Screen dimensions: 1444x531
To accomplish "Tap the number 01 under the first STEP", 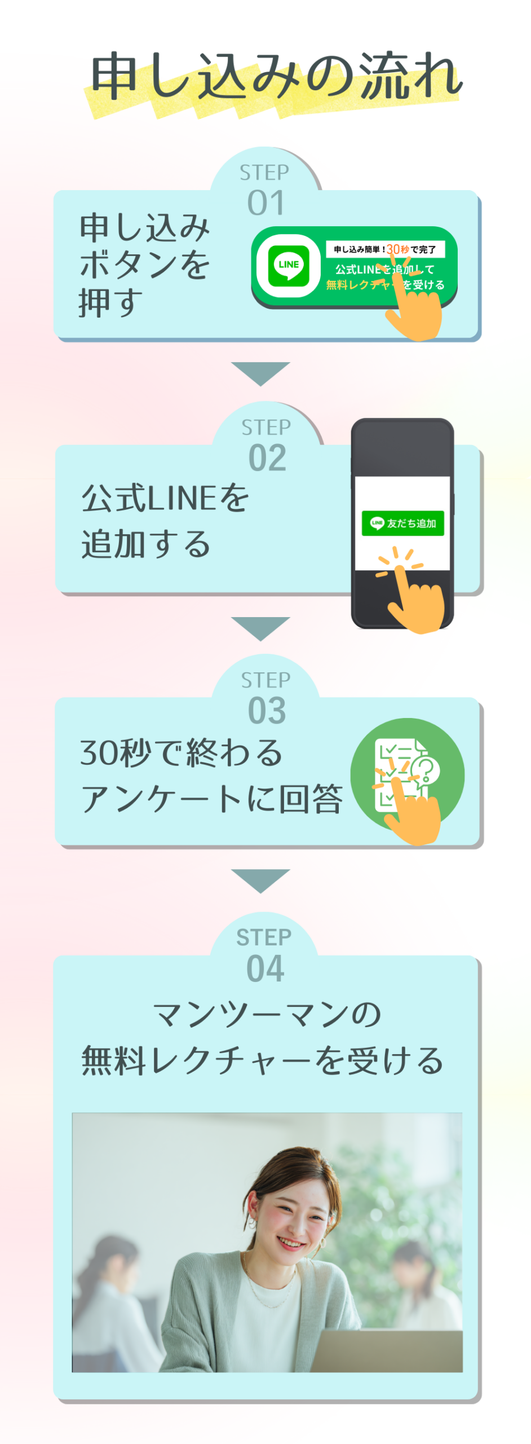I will [x=265, y=203].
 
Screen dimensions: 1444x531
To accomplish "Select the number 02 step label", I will [x=267, y=458].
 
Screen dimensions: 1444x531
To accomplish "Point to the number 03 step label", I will [x=267, y=710].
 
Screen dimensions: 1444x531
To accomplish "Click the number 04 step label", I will [x=265, y=968].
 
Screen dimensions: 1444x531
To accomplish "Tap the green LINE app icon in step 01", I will [x=289, y=265].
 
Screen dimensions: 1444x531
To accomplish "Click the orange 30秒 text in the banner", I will [x=397, y=249].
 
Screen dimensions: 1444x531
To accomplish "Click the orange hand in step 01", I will [x=415, y=313].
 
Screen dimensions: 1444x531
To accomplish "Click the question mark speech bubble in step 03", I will [x=426, y=769].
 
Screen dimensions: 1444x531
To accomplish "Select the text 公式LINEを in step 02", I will [x=165, y=498].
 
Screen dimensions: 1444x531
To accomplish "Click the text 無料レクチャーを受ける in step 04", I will [x=262, y=1061].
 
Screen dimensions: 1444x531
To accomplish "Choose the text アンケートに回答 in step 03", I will [x=211, y=798].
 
